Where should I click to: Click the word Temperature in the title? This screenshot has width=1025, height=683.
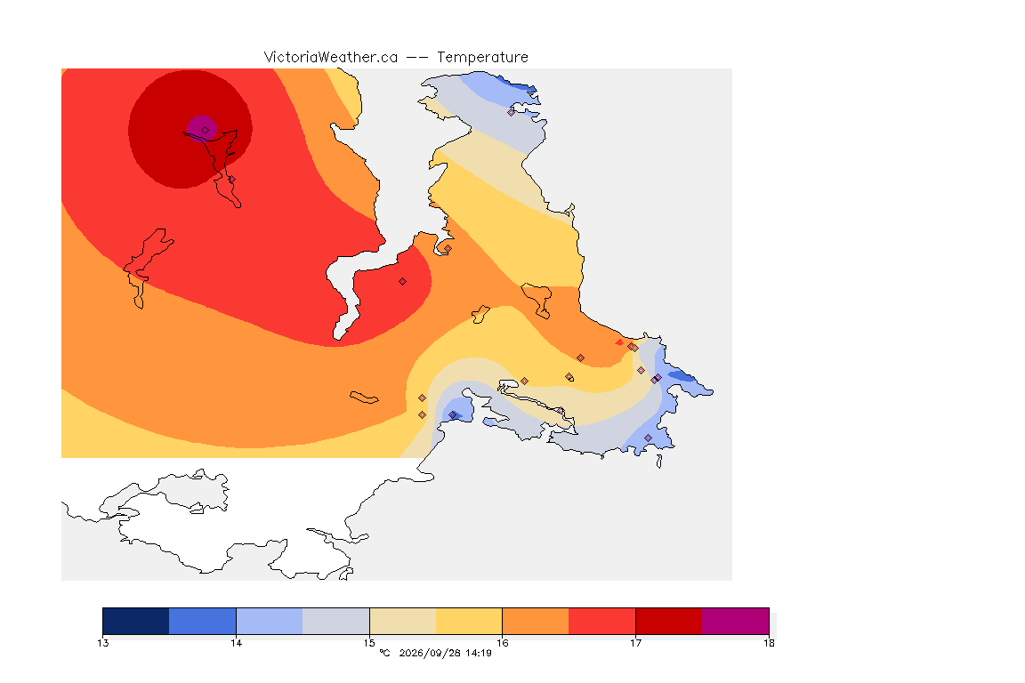[x=482, y=58]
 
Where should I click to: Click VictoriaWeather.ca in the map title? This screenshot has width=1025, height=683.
[x=331, y=58]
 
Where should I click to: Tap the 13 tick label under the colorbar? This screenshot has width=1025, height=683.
[x=103, y=643]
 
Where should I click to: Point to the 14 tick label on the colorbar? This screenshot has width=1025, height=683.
[x=236, y=643]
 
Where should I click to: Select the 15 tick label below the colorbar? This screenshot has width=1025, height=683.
[x=369, y=643]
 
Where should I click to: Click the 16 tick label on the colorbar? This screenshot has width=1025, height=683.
[x=502, y=643]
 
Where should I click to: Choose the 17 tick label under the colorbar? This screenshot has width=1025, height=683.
[x=635, y=643]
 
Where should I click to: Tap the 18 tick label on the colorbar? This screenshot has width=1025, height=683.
[x=769, y=643]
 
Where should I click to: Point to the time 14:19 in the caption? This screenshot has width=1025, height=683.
[x=479, y=653]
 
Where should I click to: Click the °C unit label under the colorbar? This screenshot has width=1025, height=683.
[x=384, y=653]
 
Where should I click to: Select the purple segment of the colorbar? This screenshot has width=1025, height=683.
[x=736, y=621]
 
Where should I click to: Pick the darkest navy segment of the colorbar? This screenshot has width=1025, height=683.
[x=136, y=621]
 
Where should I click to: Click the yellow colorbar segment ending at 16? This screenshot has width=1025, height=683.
[x=469, y=621]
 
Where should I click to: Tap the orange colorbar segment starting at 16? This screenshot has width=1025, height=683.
[x=536, y=621]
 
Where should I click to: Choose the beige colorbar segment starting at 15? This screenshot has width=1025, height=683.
[x=403, y=621]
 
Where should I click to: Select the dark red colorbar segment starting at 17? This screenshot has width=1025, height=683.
[x=669, y=621]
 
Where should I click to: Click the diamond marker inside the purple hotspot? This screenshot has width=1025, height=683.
[x=206, y=131]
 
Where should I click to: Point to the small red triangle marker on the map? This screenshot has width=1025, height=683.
[x=619, y=341]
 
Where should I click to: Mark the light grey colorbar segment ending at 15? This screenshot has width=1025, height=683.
[x=336, y=621]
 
